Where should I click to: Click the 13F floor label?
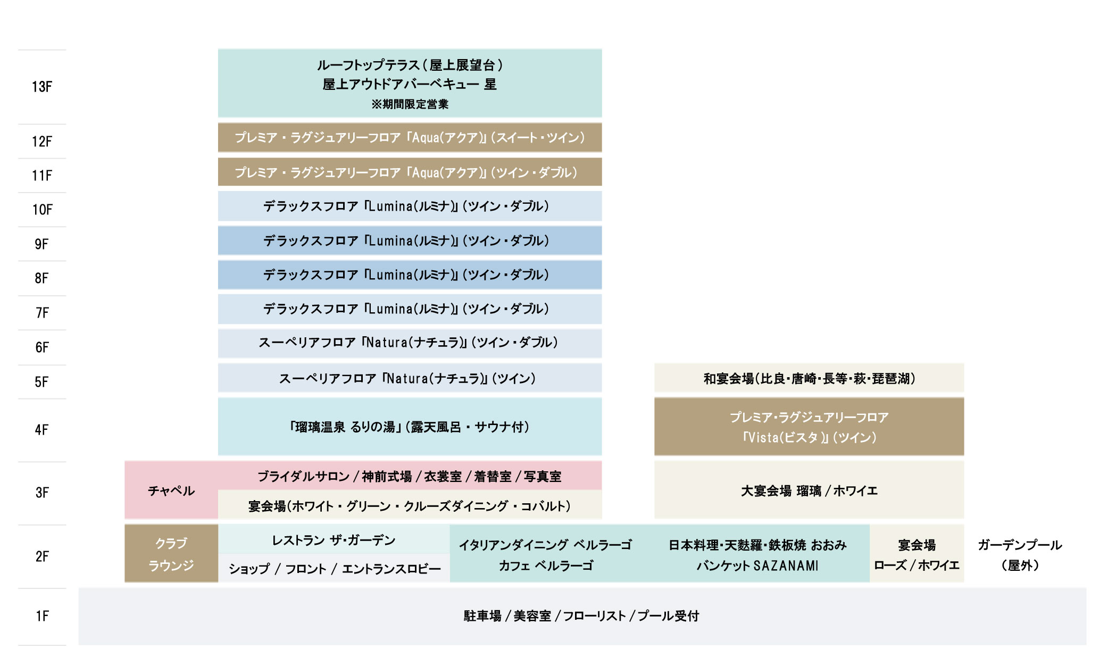coord(42,87)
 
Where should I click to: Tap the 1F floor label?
coord(42,616)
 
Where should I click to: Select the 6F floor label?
coord(42,347)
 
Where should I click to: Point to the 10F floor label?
coord(42,210)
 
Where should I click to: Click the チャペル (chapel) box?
coord(171,490)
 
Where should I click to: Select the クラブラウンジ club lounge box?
coord(171,553)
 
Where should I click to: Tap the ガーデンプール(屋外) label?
coord(1020,555)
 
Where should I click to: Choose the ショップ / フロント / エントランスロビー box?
coord(334,568)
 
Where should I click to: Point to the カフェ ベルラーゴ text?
coord(546,566)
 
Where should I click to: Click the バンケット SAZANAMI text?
coord(757,566)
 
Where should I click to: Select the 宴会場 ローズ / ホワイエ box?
coord(917,553)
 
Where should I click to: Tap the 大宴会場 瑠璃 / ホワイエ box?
coord(809,490)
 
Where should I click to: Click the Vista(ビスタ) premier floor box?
coord(809,427)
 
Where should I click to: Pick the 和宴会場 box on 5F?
coord(809,378)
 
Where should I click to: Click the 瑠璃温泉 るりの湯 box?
coord(410,427)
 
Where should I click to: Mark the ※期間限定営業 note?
coord(410,104)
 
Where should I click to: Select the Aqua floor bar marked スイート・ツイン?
coord(410,138)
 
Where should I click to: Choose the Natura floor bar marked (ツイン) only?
coord(410,378)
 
